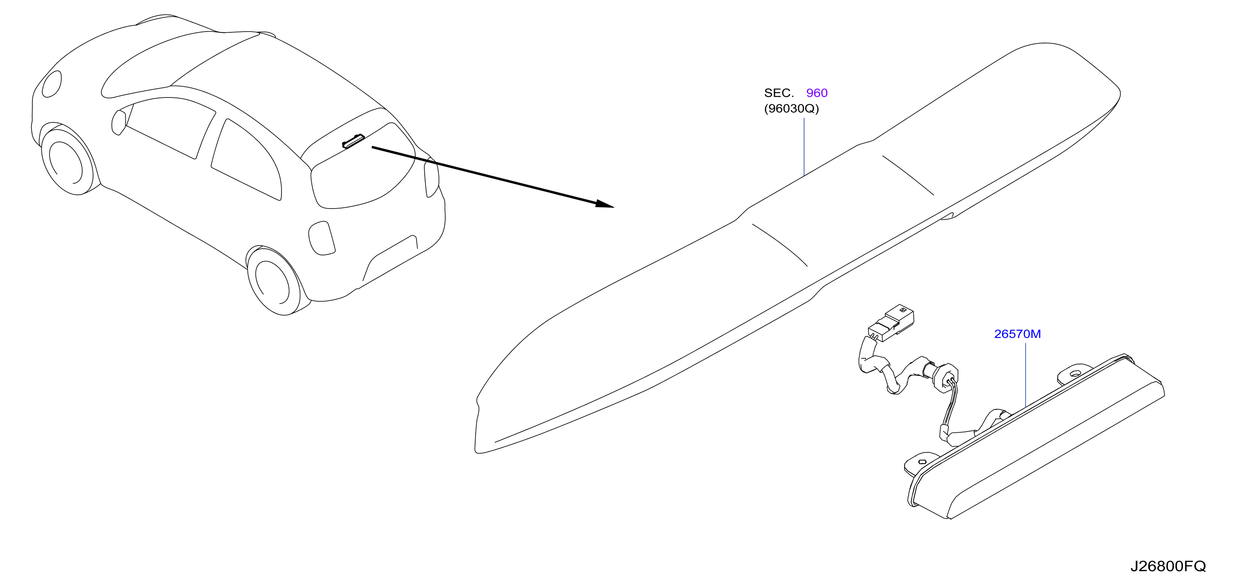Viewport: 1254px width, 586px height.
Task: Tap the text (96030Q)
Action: (x=791, y=108)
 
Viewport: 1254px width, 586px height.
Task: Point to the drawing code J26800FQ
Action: (x=1168, y=566)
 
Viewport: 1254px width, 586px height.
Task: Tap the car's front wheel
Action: (x=68, y=160)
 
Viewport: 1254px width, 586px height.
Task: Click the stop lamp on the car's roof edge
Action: (x=353, y=141)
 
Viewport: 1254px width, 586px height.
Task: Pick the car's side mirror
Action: (x=118, y=122)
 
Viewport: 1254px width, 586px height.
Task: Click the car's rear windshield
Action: (x=363, y=165)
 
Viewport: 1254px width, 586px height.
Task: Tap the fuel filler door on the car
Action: (x=322, y=238)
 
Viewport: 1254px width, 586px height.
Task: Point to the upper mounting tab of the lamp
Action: (x=1075, y=373)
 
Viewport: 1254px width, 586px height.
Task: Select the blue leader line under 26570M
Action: (x=1026, y=375)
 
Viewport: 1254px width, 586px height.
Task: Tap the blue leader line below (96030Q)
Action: (x=804, y=146)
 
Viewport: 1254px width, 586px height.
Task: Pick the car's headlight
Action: (x=52, y=84)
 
